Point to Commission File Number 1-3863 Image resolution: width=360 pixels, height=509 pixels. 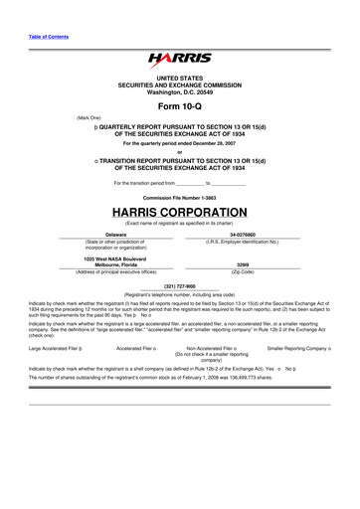coord(179,198)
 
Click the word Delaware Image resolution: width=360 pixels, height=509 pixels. coord(101,235)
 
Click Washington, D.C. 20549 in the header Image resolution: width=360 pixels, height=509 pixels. coord(179,92)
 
